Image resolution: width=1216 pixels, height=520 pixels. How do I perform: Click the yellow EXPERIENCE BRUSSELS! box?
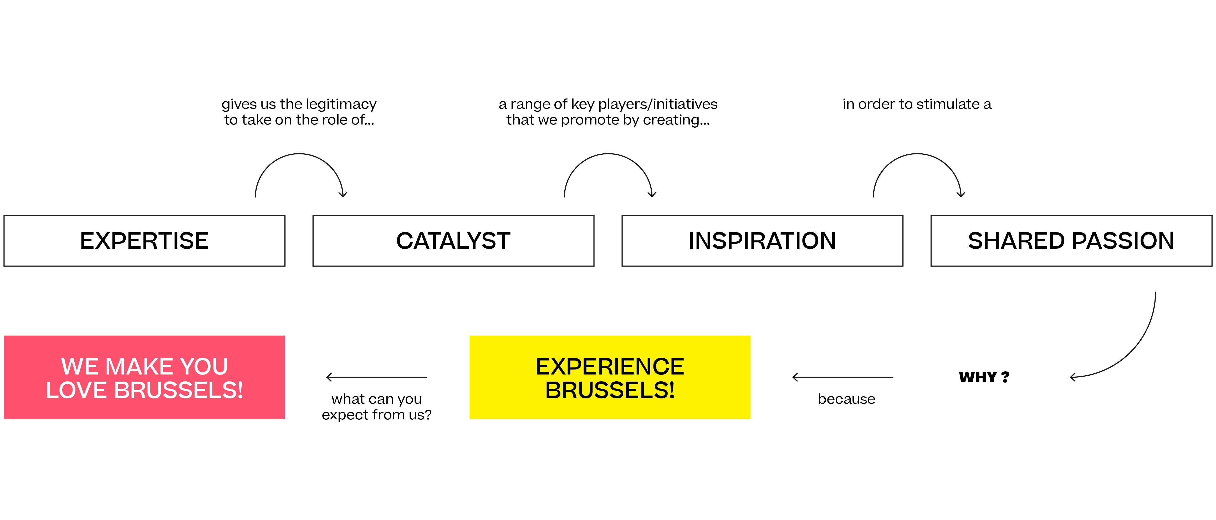tap(610, 377)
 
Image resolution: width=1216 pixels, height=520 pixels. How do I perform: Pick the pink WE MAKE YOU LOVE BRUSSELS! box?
tap(145, 377)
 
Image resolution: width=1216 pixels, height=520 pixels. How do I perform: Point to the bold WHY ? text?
tap(984, 377)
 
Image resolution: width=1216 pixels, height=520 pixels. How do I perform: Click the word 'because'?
tap(846, 399)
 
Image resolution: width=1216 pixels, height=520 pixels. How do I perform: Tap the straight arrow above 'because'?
tap(843, 377)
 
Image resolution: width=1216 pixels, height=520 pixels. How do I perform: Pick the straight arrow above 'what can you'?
tap(377, 377)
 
